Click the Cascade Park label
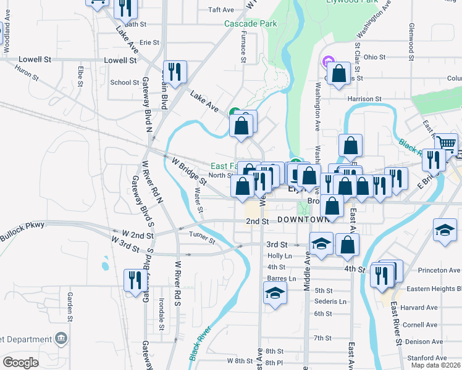(250, 24)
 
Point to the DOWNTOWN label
(303, 220)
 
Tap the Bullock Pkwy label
(23, 226)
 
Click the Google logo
(20, 363)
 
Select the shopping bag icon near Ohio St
(338, 73)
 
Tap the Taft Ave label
(221, 10)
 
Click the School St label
(124, 83)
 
